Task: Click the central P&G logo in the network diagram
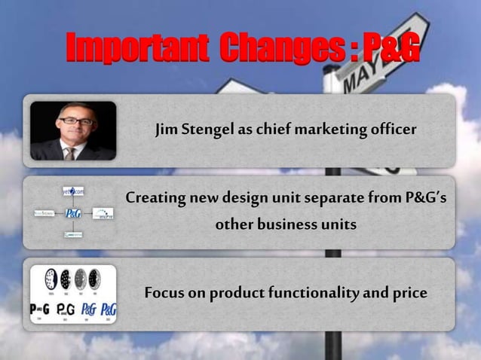(73, 214)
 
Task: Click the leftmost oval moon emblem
(51, 279)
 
